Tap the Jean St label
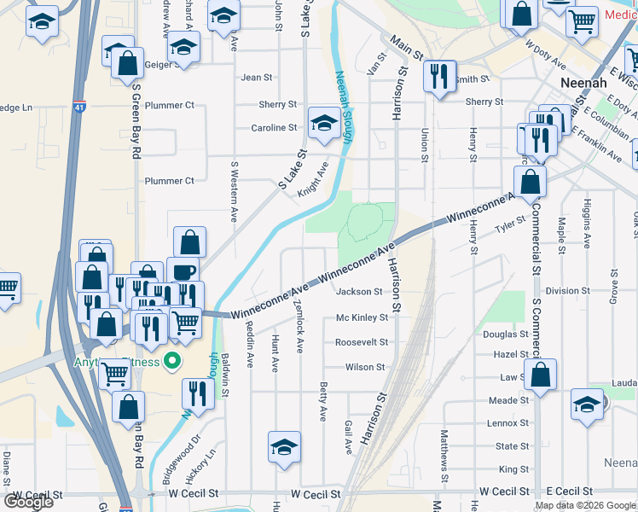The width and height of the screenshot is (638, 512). (257, 78)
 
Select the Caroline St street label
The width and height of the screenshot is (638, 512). (273, 128)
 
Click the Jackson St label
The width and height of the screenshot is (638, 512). (359, 292)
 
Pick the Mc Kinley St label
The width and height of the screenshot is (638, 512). (362, 317)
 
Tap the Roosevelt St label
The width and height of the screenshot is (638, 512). (361, 342)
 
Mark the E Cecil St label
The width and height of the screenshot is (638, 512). (569, 492)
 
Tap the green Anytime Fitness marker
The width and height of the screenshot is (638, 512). (172, 363)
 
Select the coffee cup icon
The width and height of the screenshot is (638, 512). (182, 272)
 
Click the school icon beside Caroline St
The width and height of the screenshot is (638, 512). (323, 125)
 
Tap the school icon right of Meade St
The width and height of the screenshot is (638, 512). (586, 403)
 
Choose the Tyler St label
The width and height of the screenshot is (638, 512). (509, 230)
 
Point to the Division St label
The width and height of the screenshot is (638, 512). (562, 291)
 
